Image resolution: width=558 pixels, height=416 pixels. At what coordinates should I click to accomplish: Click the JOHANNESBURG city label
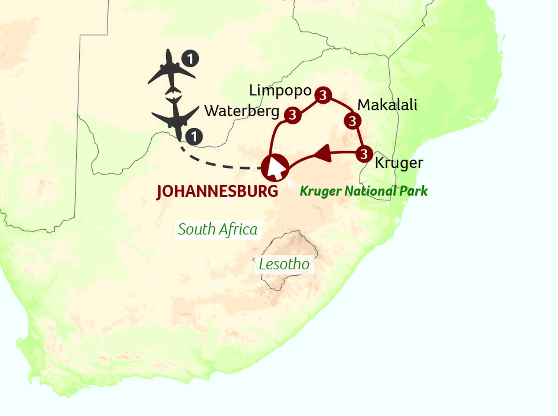click(x=217, y=191)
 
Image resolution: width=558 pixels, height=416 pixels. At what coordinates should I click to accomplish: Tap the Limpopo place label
click(x=280, y=91)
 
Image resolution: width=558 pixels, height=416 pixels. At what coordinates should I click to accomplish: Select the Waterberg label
click(x=242, y=111)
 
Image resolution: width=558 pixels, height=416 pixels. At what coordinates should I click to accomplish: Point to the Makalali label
click(x=387, y=105)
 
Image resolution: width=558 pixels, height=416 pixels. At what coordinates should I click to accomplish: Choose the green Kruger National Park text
click(x=363, y=191)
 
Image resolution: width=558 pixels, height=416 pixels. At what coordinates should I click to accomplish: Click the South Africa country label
click(x=218, y=229)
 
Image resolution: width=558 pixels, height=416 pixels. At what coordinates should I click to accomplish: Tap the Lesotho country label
click(x=284, y=264)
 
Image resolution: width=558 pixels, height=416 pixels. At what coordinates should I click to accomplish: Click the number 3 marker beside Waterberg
click(x=293, y=115)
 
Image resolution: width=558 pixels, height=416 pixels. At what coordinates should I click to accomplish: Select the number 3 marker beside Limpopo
click(x=323, y=95)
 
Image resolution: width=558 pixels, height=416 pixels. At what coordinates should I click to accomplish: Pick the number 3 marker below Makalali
click(x=353, y=121)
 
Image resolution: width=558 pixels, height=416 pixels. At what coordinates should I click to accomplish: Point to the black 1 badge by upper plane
click(x=190, y=59)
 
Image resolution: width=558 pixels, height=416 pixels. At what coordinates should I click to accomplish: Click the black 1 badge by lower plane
click(x=194, y=137)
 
